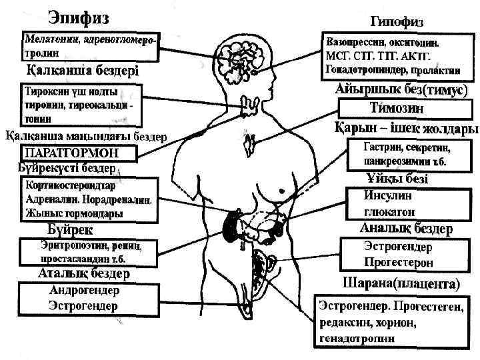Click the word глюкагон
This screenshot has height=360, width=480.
389,211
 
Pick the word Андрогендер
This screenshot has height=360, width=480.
84,291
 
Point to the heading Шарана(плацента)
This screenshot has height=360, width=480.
401,283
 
